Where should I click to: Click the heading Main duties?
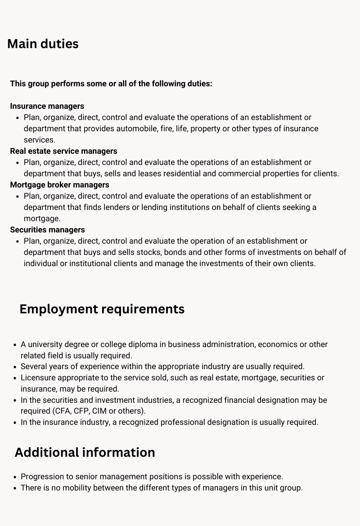[x=43, y=44]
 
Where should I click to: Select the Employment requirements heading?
[x=102, y=309]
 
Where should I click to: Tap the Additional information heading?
[x=85, y=452]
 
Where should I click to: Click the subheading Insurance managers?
[x=47, y=106]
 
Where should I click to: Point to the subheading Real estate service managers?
[x=63, y=151]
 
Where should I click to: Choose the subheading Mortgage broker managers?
[x=59, y=185]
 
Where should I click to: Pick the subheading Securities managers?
[x=47, y=230]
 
